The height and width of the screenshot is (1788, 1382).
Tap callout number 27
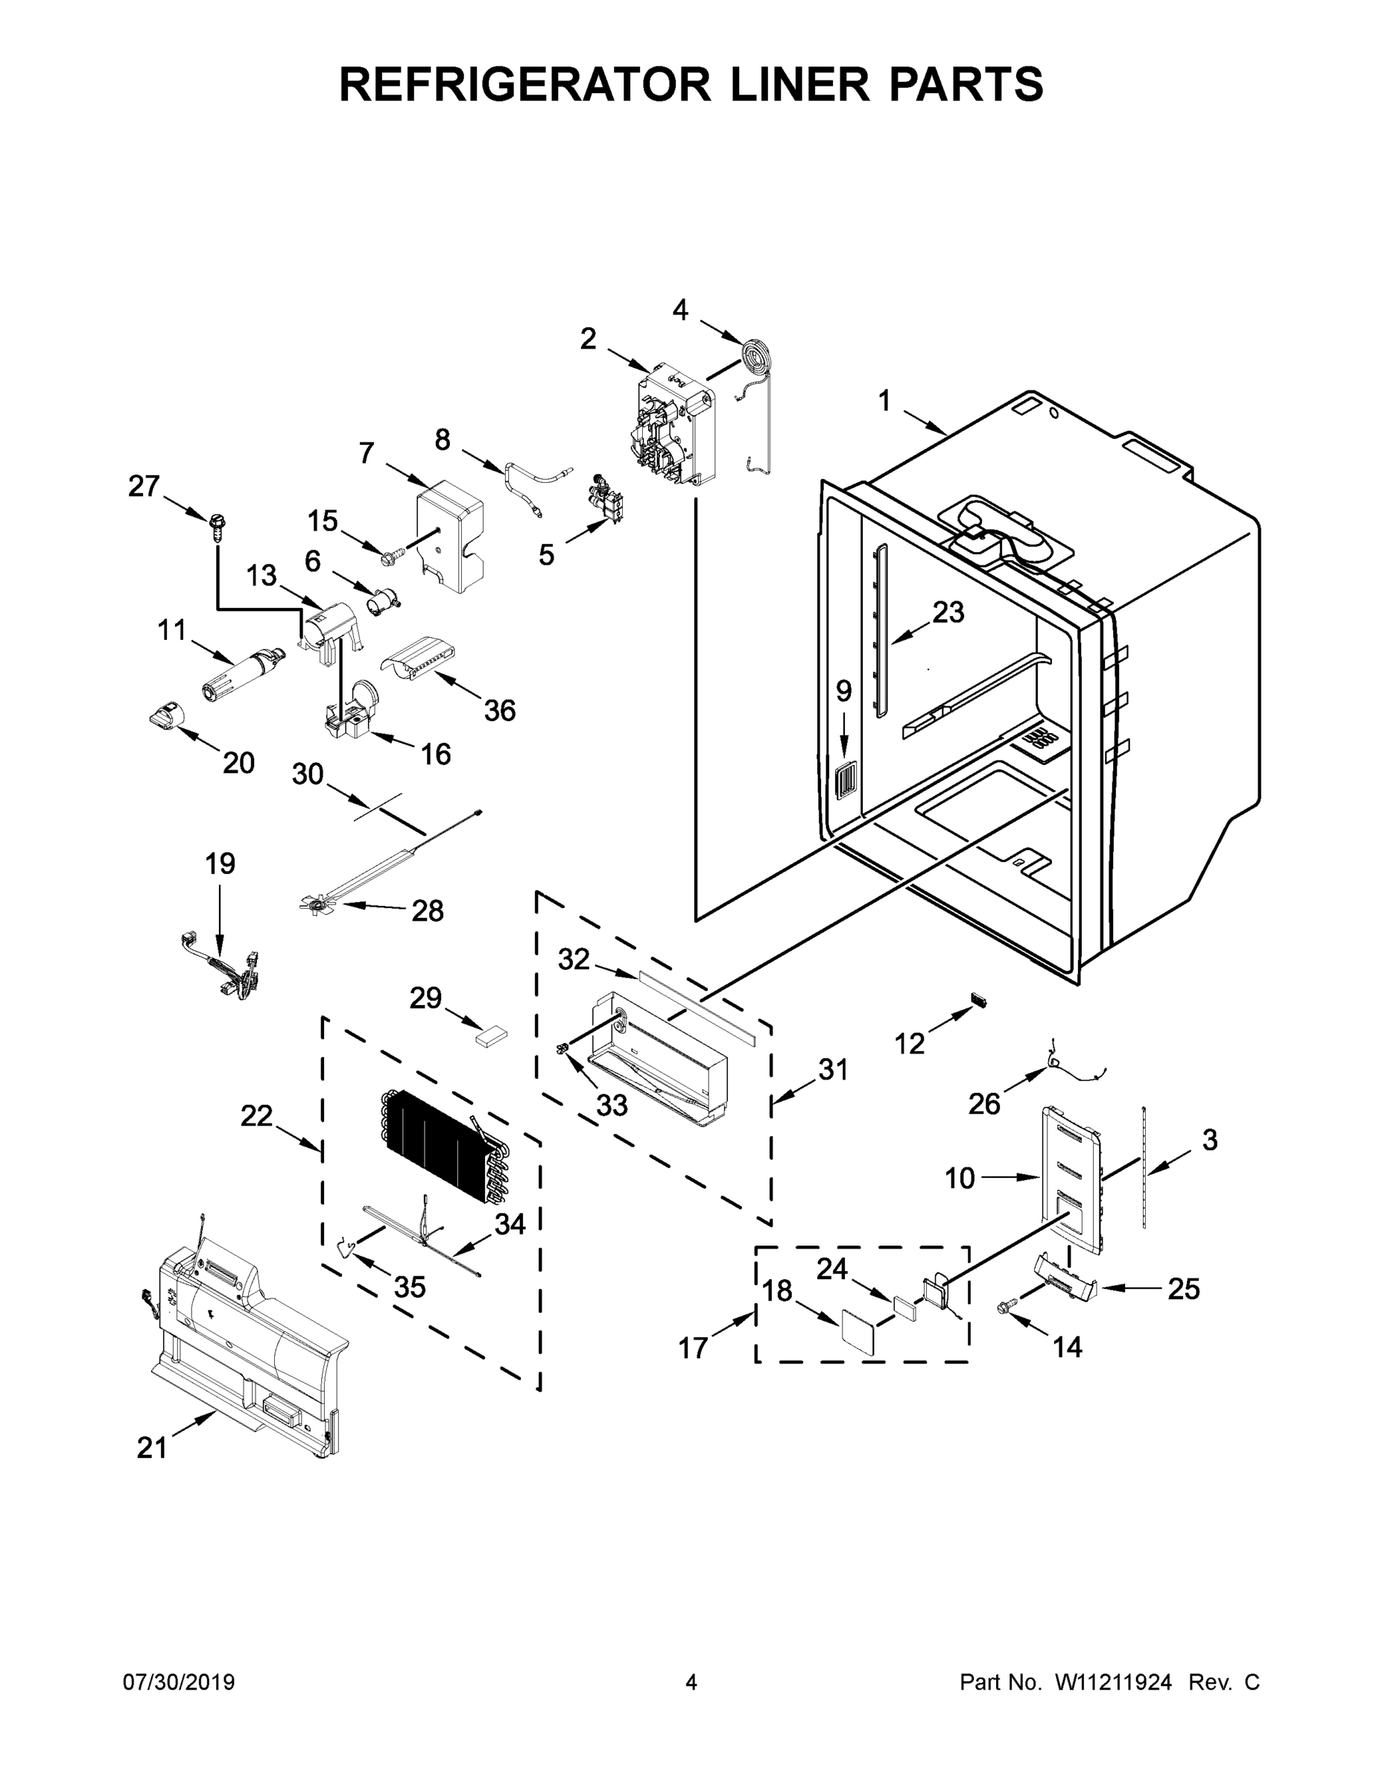(143, 486)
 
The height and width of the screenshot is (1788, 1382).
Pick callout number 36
(499, 711)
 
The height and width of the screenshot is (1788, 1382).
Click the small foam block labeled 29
(491, 1036)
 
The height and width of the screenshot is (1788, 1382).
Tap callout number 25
(1183, 1290)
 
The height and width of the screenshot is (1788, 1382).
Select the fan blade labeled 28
(317, 904)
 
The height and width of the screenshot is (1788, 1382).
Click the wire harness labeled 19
(221, 968)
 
